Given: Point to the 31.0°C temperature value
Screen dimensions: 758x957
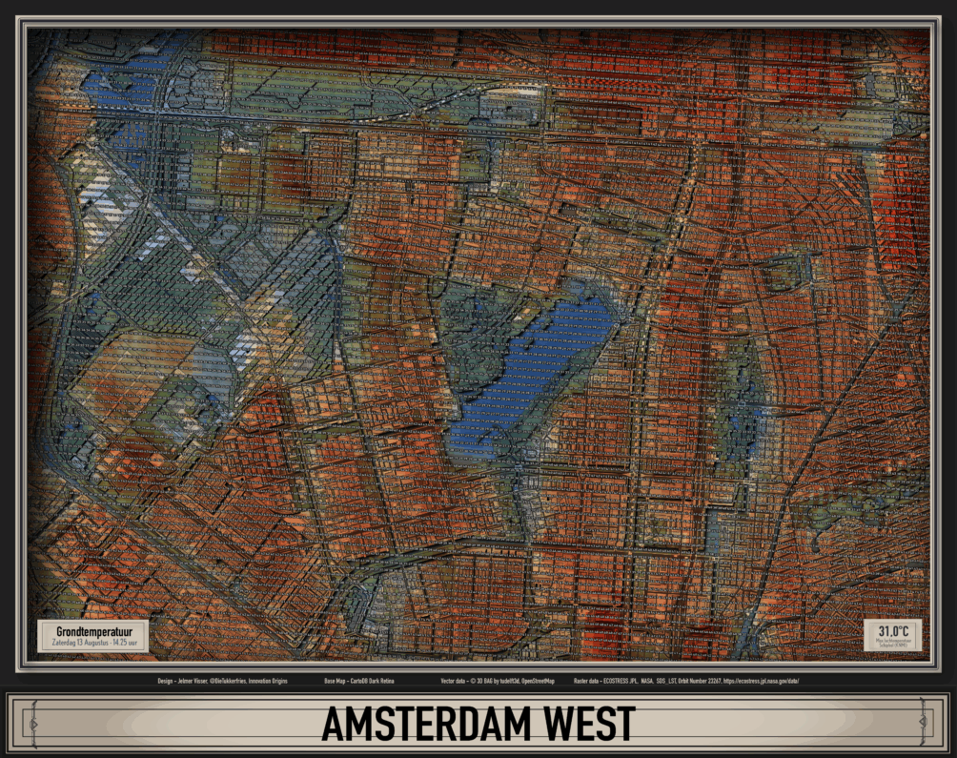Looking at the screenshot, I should click(894, 631).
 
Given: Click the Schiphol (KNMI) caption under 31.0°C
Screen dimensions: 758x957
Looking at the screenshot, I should click(894, 646).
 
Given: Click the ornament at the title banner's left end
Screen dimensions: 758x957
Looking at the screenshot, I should click(31, 724).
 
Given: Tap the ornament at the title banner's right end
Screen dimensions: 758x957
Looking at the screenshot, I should click(926, 724).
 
